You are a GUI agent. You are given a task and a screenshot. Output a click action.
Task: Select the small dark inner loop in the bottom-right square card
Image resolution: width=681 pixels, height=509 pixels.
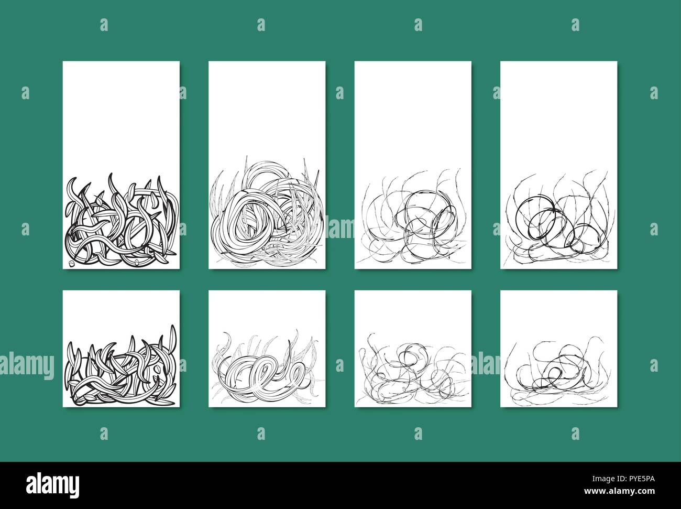coord(555,373)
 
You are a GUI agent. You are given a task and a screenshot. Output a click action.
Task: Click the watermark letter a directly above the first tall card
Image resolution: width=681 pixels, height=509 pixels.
coord(104,25)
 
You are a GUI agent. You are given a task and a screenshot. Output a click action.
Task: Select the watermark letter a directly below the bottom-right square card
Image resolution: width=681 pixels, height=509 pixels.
coord(575,433)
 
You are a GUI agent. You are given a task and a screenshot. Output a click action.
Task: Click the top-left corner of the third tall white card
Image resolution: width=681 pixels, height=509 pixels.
coord(355,62)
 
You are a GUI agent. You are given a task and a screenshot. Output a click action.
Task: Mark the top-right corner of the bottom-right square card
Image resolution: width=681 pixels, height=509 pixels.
coord(617,291)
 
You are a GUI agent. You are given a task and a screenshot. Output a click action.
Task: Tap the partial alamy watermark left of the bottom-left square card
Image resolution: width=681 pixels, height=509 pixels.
coord(26,363)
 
